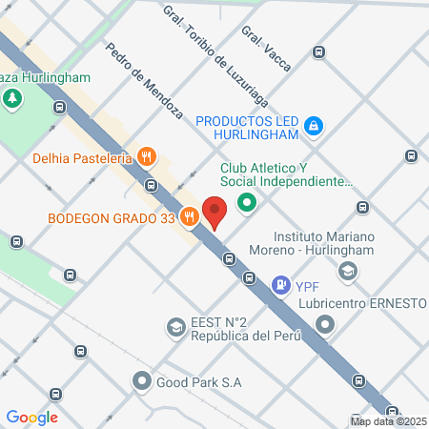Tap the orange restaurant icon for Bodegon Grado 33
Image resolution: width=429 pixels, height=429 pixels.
click(x=191, y=216)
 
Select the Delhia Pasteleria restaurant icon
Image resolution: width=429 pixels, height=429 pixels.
click(x=146, y=156)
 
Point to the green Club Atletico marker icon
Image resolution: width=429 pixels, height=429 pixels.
click(x=247, y=202)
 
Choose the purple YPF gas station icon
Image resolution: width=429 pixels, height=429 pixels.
click(x=281, y=283)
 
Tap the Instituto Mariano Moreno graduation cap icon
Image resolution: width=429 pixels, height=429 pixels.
click(x=349, y=272)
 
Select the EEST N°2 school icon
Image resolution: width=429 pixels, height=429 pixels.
click(x=175, y=328)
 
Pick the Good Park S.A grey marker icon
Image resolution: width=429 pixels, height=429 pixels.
click(x=143, y=382)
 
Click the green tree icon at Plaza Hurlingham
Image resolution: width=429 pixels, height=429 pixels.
click(x=13, y=98)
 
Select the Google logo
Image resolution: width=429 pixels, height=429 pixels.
click(x=32, y=417)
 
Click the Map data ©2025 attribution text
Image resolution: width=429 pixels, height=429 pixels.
click(x=388, y=421)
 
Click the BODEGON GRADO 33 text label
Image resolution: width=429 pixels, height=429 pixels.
click(x=112, y=217)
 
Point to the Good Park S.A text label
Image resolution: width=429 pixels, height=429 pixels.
click(x=200, y=382)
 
